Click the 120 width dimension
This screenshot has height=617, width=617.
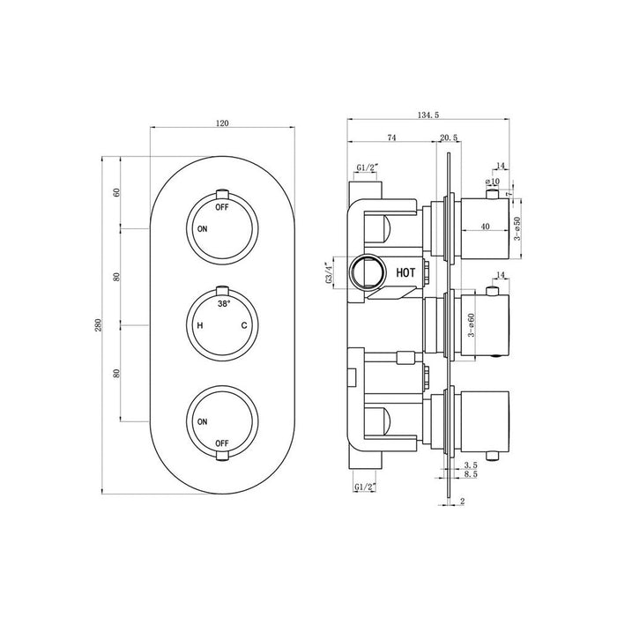(x=221, y=123)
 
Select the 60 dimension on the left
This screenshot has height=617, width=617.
(x=115, y=193)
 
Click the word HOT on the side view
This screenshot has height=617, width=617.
(x=405, y=274)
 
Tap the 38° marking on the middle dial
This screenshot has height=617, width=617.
(x=223, y=303)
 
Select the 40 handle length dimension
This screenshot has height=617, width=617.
(x=486, y=227)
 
